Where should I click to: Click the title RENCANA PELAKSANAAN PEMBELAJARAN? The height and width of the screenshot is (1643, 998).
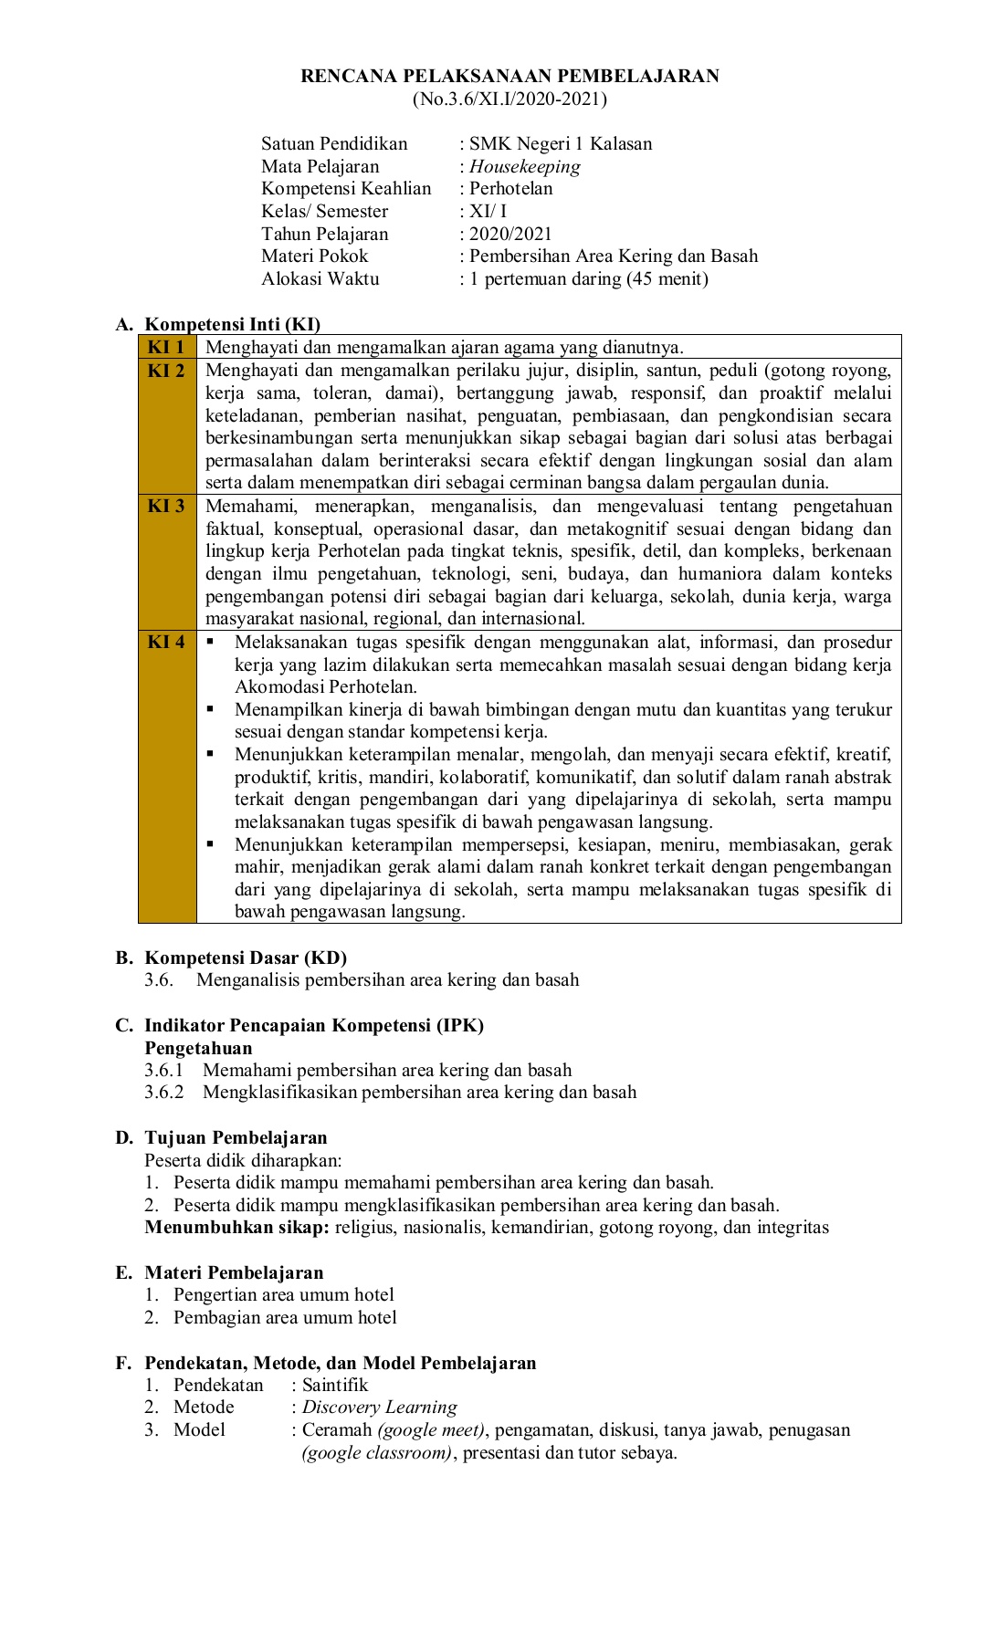point(510,77)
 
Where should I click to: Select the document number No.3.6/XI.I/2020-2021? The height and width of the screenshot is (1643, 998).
point(510,99)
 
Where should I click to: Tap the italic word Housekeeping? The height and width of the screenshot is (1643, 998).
point(525,166)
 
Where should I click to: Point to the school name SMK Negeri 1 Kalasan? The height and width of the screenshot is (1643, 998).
point(561,143)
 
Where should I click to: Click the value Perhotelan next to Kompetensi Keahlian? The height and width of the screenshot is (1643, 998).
point(510,188)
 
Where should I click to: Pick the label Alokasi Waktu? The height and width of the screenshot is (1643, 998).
point(320,278)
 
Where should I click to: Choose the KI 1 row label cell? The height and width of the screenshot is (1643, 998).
point(166,347)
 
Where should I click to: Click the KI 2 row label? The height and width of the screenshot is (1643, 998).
point(166,371)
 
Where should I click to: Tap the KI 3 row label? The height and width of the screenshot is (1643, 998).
point(166,506)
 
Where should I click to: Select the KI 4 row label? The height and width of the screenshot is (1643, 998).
point(166,642)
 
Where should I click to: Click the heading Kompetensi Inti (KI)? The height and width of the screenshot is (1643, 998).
point(233,324)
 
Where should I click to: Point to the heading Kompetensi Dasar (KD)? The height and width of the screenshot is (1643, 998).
point(246,958)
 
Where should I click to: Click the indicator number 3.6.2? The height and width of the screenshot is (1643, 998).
point(163,1092)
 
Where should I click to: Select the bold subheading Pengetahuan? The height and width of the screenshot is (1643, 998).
point(198,1048)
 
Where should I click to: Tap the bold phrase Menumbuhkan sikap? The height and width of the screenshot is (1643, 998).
point(236,1227)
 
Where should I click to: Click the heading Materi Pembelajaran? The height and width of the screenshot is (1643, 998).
point(234,1272)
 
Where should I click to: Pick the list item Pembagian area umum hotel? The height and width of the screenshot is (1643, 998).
point(285,1317)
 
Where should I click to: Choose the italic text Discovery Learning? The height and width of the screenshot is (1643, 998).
point(380,1407)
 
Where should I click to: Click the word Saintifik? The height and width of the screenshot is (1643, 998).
point(335,1385)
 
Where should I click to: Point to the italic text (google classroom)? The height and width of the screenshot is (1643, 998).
point(377,1452)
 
